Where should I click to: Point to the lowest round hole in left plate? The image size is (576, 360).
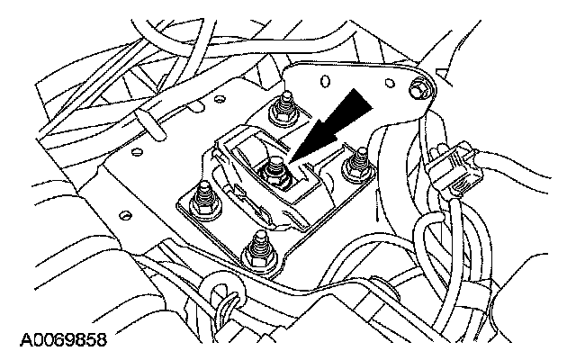click(x=126, y=214)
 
